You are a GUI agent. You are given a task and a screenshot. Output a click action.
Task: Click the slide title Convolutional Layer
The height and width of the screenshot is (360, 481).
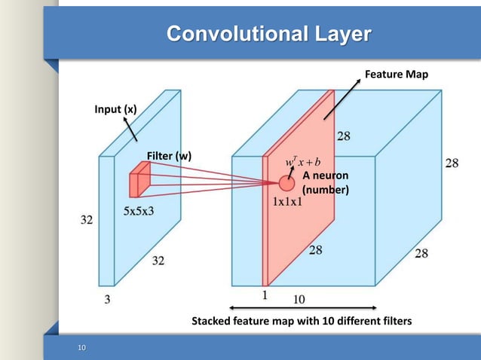(268, 34)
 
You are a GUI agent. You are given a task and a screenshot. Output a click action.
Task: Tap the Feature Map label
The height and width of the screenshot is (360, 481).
(396, 75)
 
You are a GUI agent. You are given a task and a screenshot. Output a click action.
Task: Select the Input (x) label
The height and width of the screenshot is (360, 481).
(115, 109)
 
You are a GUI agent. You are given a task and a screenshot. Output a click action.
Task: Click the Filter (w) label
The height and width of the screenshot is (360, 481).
(169, 156)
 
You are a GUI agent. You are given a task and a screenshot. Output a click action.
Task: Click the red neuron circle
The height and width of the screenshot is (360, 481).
(286, 183)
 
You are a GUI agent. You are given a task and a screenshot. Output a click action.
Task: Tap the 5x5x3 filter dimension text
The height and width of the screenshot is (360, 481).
(139, 211)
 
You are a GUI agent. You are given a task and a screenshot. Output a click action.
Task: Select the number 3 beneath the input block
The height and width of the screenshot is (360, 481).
(107, 299)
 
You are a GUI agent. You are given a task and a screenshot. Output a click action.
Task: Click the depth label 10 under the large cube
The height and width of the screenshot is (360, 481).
(299, 299)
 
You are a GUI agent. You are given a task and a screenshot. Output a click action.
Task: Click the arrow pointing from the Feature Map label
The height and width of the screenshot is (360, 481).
(343, 97)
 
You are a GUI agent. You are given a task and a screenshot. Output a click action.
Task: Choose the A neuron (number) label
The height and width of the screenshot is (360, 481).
(326, 182)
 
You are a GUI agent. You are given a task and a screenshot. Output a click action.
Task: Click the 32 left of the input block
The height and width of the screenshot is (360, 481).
(87, 221)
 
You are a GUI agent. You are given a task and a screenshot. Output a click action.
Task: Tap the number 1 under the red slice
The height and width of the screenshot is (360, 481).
(265, 295)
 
